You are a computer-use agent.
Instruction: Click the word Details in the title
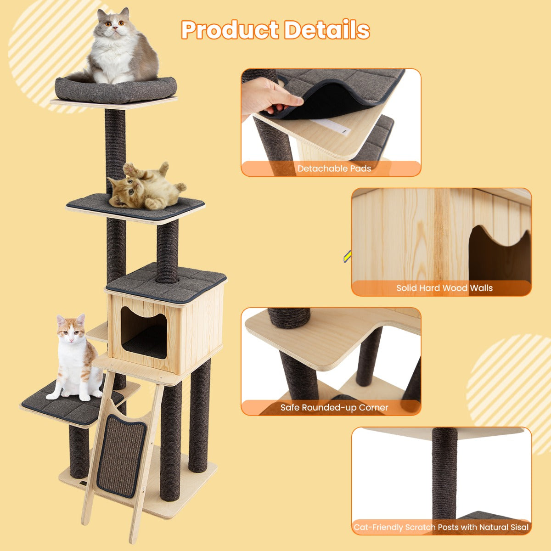click(327, 30)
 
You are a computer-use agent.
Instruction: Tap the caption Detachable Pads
click(334, 169)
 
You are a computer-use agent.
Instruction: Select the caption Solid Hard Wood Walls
click(444, 288)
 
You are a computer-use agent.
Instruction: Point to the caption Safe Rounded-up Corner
click(334, 407)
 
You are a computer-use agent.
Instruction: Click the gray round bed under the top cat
click(116, 90)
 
